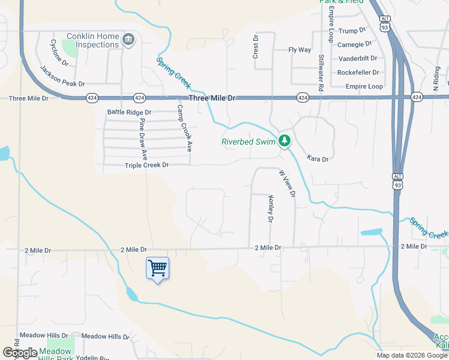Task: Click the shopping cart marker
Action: click(x=157, y=268)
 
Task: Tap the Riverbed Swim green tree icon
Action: click(x=284, y=142)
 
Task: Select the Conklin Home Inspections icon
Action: click(x=128, y=40)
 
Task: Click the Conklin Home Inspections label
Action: click(x=92, y=40)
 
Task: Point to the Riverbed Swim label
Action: click(x=248, y=142)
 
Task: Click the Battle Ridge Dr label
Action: click(x=129, y=112)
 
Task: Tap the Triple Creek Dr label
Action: click(x=146, y=165)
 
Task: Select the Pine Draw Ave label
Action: click(x=143, y=138)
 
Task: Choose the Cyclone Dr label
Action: click(x=59, y=53)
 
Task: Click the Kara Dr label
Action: click(x=318, y=159)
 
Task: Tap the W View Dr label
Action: click(x=287, y=183)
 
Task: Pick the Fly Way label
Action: click(x=300, y=50)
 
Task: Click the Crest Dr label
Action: click(x=255, y=46)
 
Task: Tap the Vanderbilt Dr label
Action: click(x=358, y=58)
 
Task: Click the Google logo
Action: click(x=20, y=353)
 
